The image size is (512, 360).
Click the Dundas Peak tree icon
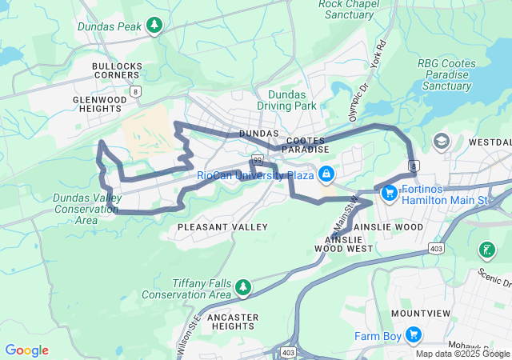pyautogui.click(x=154, y=26)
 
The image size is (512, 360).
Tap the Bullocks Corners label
pyautogui.click(x=117, y=71)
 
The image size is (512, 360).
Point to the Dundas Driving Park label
pyautogui.click(x=286, y=99)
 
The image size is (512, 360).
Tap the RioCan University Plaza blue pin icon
pyautogui.click(x=326, y=174)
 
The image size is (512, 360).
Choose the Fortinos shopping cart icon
pyautogui.click(x=390, y=193)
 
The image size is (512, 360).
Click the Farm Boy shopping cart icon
pyautogui.click(x=414, y=335)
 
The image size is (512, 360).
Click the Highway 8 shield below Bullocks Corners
pyautogui.click(x=136, y=91)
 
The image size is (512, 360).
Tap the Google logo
pyautogui.click(x=26, y=350)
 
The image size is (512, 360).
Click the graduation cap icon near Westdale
pyautogui.click(x=441, y=142)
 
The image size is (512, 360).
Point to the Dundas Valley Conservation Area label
pyautogui.click(x=86, y=209)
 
